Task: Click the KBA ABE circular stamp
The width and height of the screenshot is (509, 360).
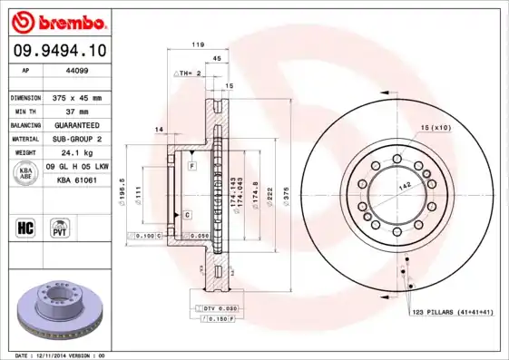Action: click(26, 174)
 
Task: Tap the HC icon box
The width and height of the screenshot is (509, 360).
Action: click(26, 225)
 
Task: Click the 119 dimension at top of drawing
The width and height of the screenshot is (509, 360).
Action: click(196, 44)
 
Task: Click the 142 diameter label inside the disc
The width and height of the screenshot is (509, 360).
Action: click(404, 185)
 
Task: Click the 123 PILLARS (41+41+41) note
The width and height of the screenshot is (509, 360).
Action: click(452, 311)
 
